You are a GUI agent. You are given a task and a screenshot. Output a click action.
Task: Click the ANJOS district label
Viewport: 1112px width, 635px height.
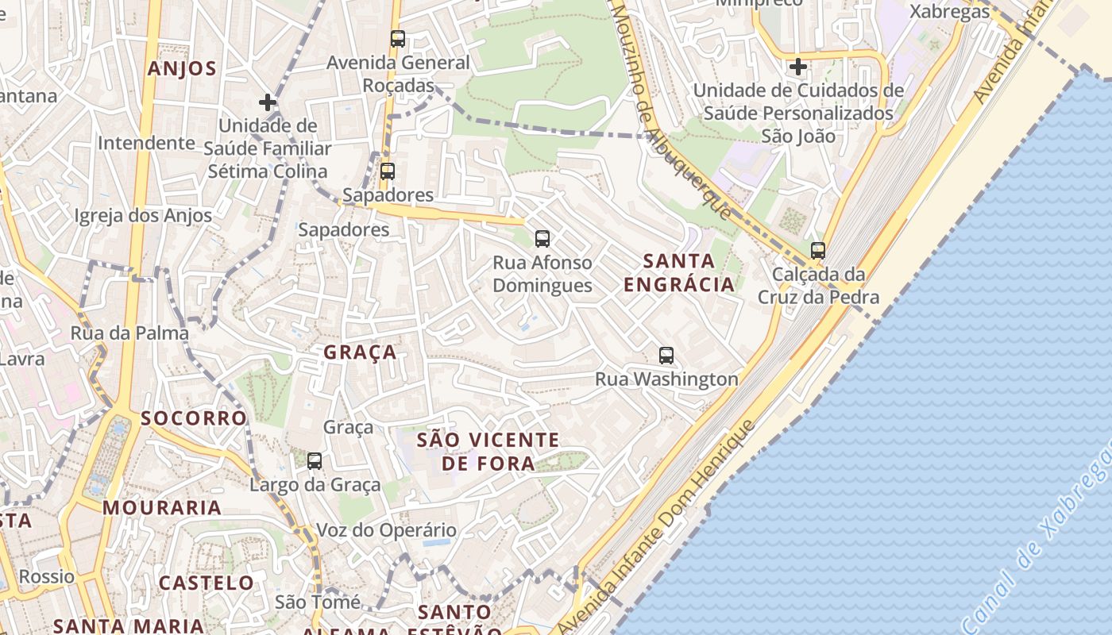tap(182, 69)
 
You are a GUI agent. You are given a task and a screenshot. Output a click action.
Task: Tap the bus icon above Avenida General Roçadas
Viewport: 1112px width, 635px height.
tap(398, 38)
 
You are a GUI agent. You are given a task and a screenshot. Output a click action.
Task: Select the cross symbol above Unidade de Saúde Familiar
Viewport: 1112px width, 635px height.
tap(268, 102)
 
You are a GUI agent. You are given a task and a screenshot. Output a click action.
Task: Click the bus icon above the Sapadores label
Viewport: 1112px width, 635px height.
tap(388, 171)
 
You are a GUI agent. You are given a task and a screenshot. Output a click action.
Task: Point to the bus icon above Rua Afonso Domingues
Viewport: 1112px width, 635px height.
tap(542, 238)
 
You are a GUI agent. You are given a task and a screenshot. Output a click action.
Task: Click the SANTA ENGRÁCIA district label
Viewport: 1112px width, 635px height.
tap(679, 272)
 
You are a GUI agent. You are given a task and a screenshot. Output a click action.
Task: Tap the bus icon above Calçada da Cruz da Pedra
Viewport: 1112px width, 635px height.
tap(818, 251)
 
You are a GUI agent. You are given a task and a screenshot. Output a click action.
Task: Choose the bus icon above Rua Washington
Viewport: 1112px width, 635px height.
tap(666, 356)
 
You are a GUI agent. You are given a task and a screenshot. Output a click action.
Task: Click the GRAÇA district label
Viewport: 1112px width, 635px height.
tap(360, 352)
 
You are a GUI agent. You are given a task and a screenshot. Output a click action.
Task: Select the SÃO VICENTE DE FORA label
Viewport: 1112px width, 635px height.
tap(488, 452)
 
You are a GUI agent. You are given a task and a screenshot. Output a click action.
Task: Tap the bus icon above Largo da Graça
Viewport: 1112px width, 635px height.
tap(315, 460)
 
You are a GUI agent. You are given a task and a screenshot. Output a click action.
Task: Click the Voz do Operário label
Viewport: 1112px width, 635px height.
tap(387, 530)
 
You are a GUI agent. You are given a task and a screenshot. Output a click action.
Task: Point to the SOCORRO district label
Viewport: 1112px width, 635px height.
tap(194, 418)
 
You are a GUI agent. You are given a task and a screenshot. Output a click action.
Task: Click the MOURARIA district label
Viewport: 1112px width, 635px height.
tap(162, 508)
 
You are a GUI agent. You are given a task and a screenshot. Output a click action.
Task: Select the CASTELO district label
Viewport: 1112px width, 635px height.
tap(207, 583)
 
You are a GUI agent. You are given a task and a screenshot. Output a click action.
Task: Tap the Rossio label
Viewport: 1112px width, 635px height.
tap(47, 576)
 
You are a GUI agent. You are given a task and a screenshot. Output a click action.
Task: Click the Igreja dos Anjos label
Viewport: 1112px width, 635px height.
tap(143, 216)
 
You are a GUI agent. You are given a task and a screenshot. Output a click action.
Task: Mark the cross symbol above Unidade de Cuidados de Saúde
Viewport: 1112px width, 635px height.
tap(798, 67)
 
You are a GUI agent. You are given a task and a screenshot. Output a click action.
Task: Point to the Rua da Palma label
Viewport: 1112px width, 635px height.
tap(129, 333)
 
